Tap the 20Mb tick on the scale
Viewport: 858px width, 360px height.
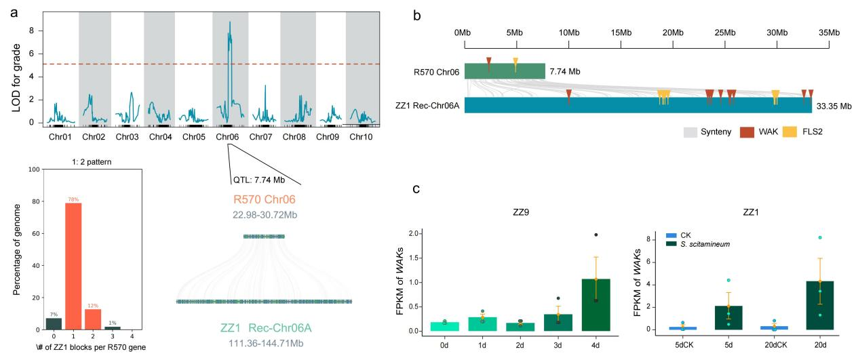(673, 33)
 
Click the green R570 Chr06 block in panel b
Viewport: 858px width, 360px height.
(505, 71)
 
